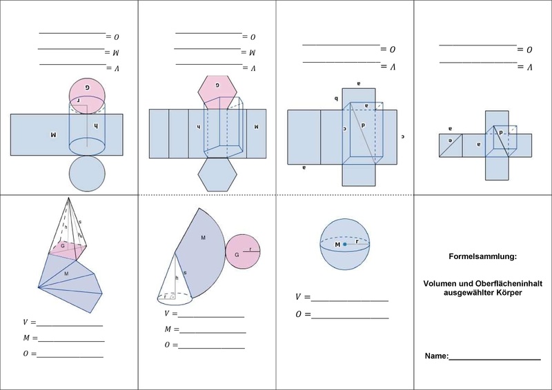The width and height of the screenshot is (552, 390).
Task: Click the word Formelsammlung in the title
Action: [x=482, y=257]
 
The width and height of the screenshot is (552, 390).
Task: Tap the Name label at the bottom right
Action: [x=436, y=356]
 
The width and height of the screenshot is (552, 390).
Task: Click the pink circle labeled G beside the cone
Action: [x=244, y=254]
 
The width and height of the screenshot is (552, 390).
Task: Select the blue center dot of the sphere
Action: [x=346, y=245]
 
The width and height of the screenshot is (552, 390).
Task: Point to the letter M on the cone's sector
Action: [x=204, y=237]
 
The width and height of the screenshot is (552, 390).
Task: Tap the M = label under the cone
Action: [x=168, y=329]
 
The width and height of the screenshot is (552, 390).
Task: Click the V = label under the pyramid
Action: [x=28, y=322]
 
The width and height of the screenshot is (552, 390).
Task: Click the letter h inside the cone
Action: [x=177, y=278]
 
